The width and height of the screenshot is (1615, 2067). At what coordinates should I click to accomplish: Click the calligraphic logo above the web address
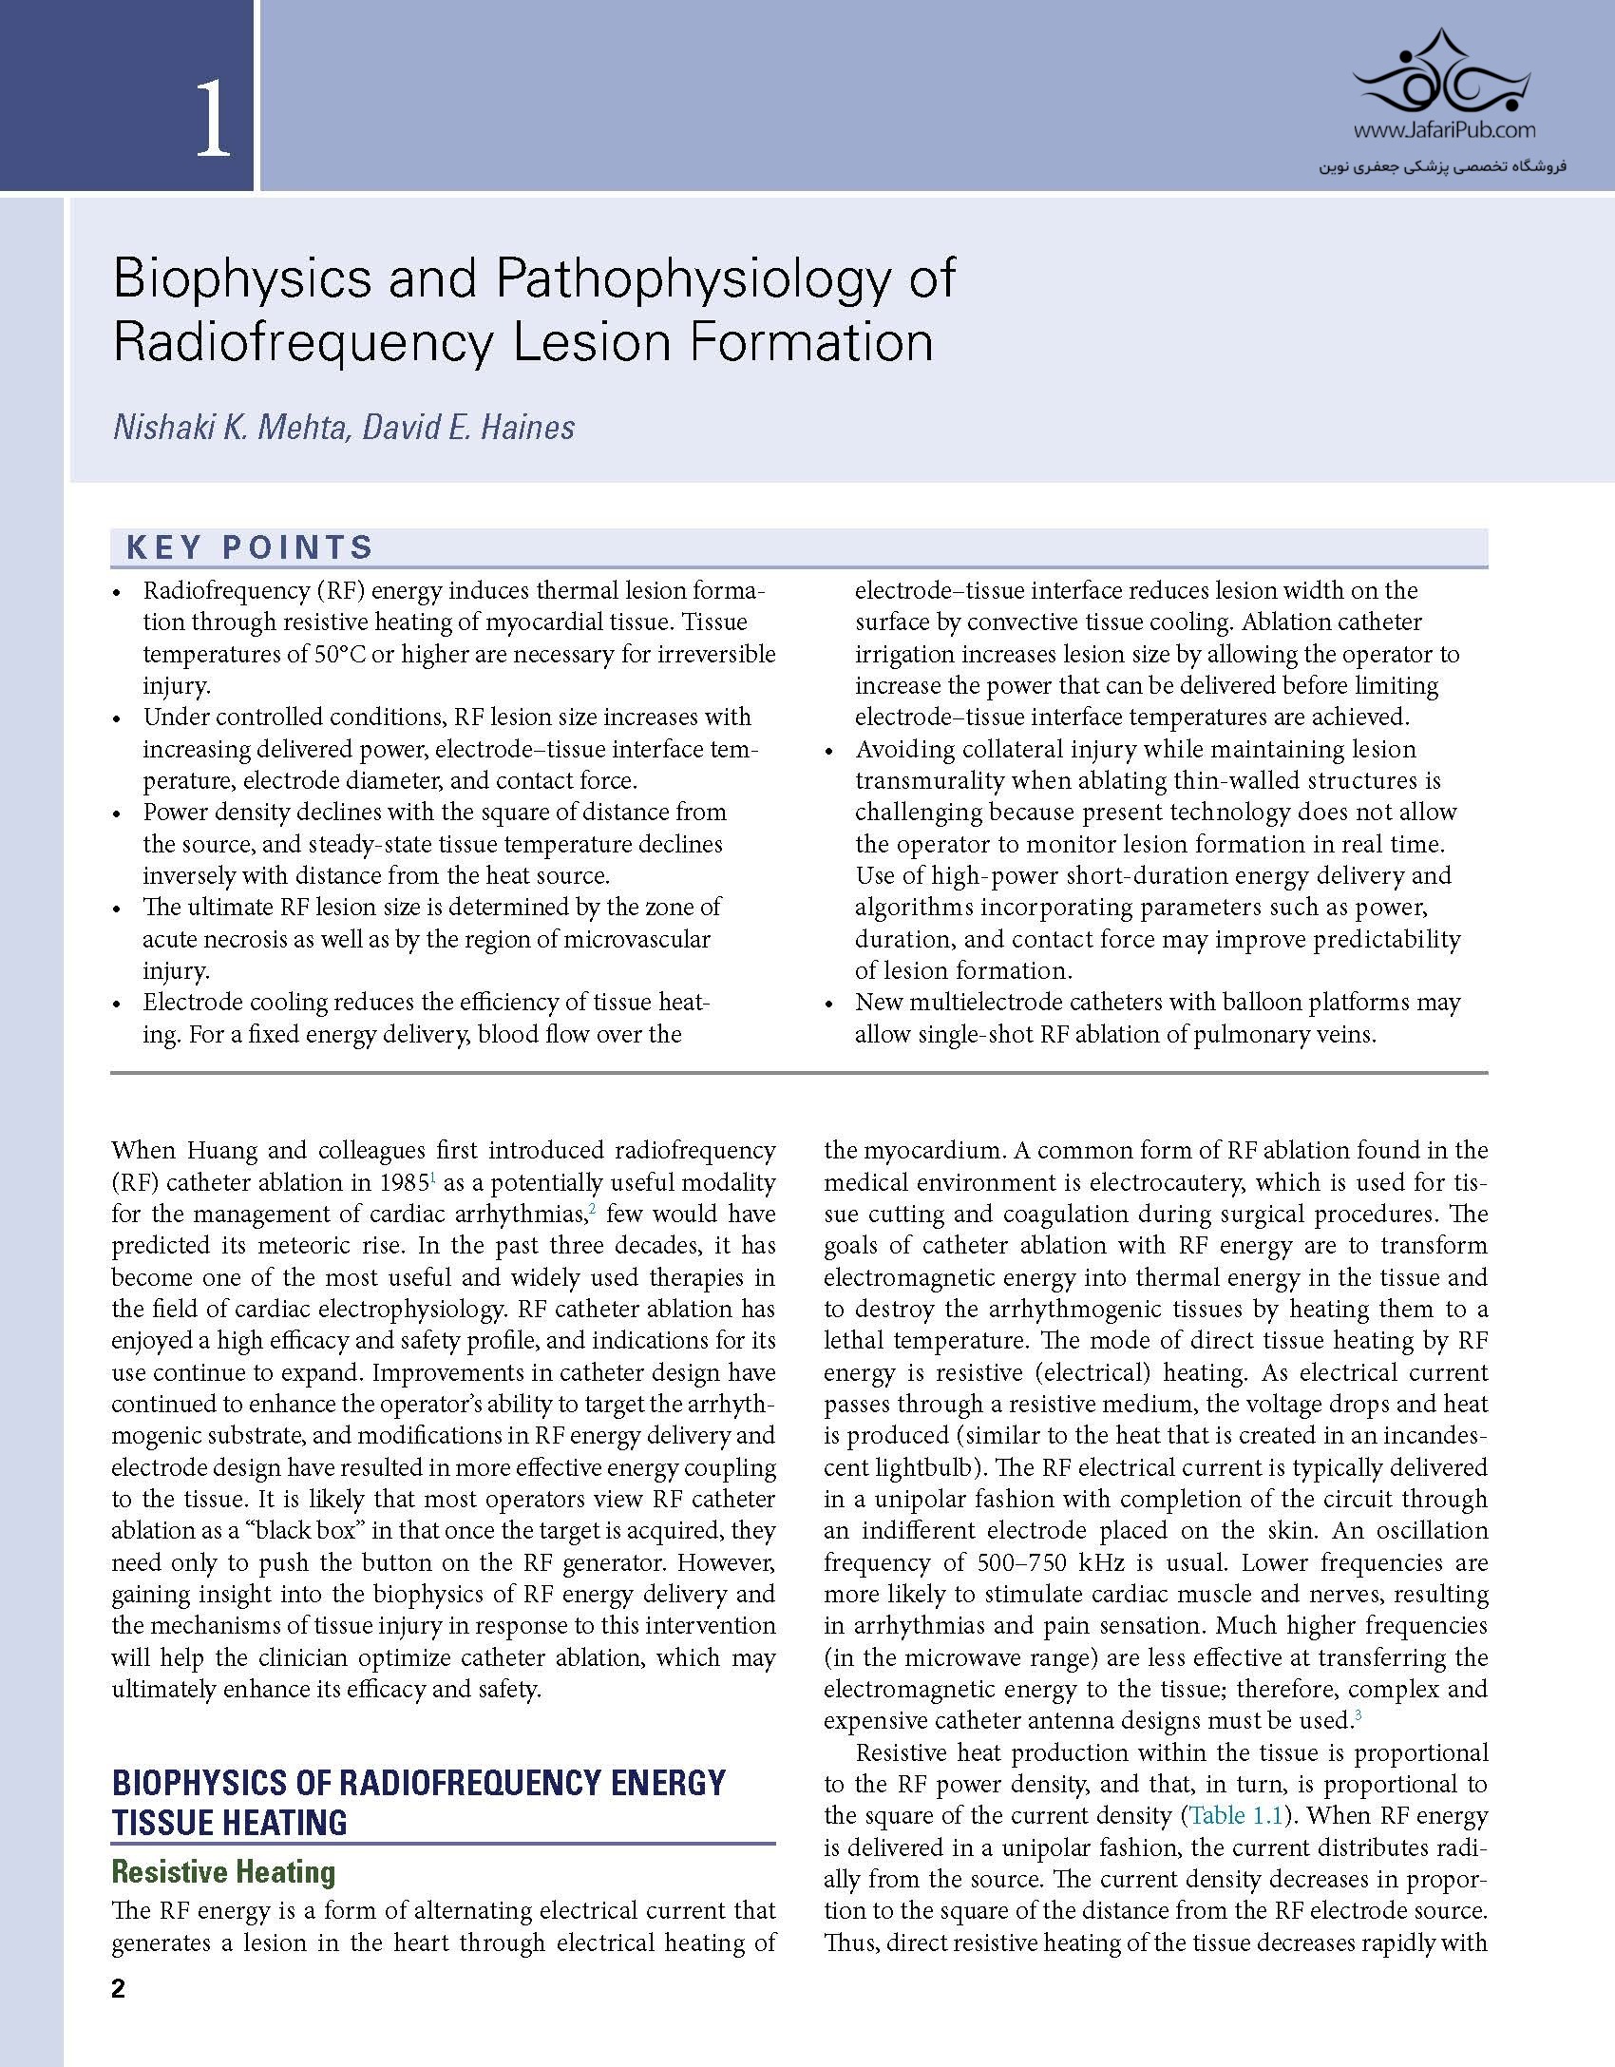point(1443,71)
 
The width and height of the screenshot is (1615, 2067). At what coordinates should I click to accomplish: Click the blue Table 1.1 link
point(1235,1815)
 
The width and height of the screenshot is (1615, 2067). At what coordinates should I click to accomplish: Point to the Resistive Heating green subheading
point(223,1871)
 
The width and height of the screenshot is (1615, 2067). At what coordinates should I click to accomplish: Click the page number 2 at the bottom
point(118,1989)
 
